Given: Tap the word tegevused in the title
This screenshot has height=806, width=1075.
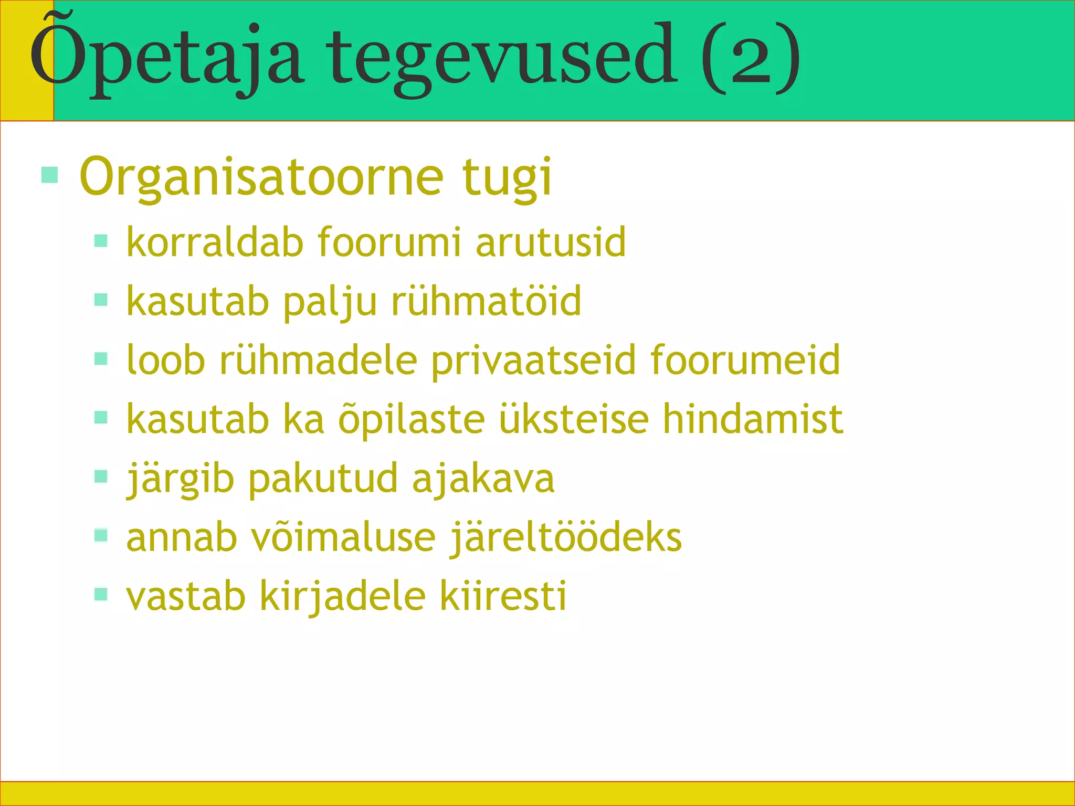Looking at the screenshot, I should pyautogui.click(x=501, y=58).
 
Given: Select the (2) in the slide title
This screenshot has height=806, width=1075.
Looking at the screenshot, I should pyautogui.click(x=750, y=58).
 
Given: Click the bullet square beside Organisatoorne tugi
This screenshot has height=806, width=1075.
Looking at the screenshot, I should pyautogui.click(x=49, y=175).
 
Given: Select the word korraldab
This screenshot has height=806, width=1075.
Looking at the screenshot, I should pyautogui.click(x=215, y=242).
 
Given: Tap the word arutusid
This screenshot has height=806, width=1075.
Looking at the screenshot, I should pyautogui.click(x=551, y=242).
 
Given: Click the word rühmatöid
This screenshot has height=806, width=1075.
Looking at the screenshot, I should pyautogui.click(x=487, y=301).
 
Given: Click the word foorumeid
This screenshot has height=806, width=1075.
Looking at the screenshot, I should pyautogui.click(x=745, y=360).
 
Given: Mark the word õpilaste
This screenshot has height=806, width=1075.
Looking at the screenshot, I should pyautogui.click(x=412, y=419).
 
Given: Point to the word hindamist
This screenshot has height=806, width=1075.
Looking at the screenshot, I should pyautogui.click(x=753, y=419).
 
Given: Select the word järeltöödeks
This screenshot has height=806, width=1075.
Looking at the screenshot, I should pyautogui.click(x=566, y=537).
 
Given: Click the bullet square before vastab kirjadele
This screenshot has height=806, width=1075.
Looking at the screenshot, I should pyautogui.click(x=101, y=594).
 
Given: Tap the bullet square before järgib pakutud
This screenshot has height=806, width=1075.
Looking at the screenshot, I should pyautogui.click(x=101, y=476).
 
